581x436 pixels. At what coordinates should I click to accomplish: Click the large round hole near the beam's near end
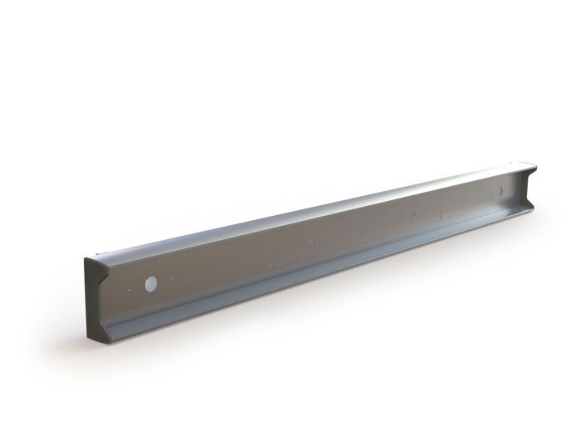(151, 284)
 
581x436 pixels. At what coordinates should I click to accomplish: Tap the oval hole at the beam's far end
(500, 192)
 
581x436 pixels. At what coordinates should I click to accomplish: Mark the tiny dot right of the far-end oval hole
(511, 189)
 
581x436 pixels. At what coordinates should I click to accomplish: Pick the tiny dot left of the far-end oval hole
(490, 195)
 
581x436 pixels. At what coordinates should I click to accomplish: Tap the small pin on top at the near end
(99, 255)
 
